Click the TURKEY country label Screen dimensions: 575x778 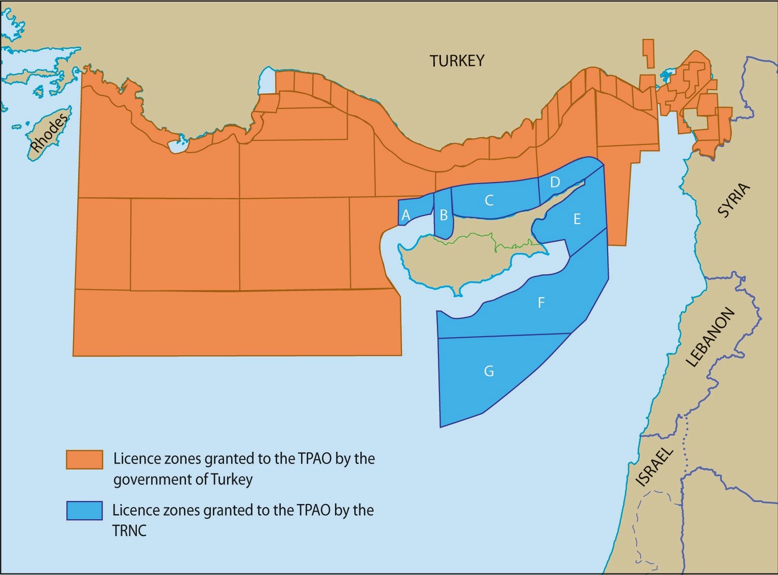[457, 61]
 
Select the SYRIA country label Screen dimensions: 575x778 [733, 201]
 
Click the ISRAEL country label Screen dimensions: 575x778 [654, 467]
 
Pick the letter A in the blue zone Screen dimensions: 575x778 [405, 215]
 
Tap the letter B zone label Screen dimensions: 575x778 [443, 215]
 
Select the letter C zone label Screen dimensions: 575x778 [489, 201]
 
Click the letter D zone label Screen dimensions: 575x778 [554, 182]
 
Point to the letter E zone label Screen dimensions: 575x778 [576, 219]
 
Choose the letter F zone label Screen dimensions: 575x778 [541, 303]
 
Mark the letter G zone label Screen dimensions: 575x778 [489, 372]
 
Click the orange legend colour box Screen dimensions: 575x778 [84, 459]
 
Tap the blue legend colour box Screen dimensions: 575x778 [84, 511]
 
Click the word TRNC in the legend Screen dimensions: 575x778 [129, 531]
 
